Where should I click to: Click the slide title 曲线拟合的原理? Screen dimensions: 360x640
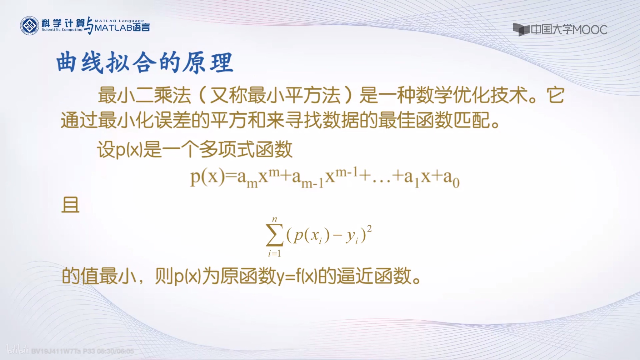[144, 63]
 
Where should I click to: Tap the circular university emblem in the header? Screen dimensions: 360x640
[29, 26]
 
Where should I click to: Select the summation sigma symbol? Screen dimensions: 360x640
[274, 236]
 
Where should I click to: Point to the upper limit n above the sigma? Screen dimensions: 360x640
[275, 219]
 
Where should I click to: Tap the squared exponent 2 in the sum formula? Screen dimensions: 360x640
[369, 229]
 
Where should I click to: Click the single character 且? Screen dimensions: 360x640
[70, 205]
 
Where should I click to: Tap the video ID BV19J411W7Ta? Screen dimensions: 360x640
[56, 351]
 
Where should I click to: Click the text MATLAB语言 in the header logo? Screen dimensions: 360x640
[122, 27]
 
